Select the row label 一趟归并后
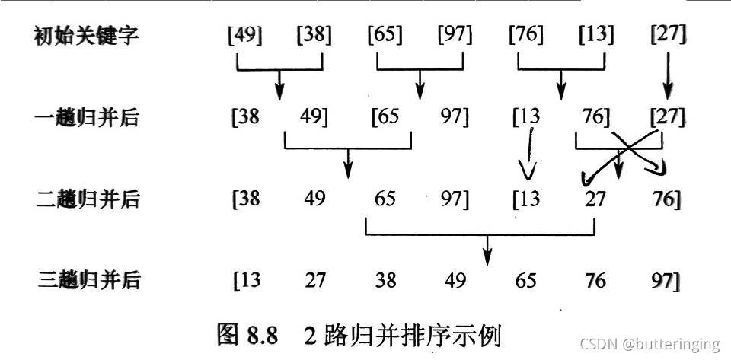click(87, 117)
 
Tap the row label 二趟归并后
click(87, 199)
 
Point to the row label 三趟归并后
click(87, 280)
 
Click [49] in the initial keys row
click(244, 35)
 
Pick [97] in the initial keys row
click(455, 35)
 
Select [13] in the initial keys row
click(595, 35)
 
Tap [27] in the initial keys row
click(669, 35)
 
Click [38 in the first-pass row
click(245, 117)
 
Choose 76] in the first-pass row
click(594, 117)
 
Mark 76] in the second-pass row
click(667, 199)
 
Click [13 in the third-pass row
click(246, 280)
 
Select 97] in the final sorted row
click(666, 280)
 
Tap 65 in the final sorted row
click(525, 280)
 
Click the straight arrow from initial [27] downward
click(668, 76)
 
